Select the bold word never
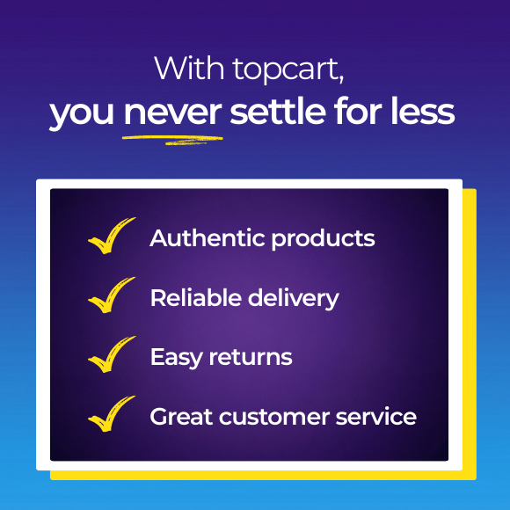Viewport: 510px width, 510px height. (172, 113)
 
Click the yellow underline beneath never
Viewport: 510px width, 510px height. (172, 138)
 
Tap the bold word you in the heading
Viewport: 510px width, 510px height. (83, 113)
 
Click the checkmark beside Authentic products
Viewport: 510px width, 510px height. (111, 236)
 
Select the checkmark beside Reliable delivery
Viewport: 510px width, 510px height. (111, 295)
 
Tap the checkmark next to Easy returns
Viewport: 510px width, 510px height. (111, 354)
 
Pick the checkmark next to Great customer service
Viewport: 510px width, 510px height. (111, 414)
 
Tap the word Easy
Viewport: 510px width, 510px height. (176, 357)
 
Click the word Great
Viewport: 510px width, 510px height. (179, 416)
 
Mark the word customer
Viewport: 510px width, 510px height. (271, 416)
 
